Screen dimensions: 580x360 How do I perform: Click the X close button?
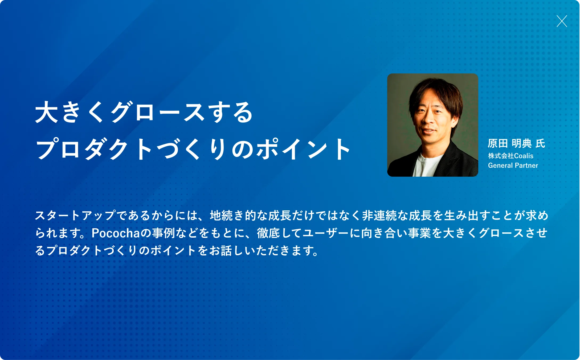562,21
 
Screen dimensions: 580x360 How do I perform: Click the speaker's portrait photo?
432,125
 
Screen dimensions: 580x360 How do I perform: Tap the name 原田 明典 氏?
516,143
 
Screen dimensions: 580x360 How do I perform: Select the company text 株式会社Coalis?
510,156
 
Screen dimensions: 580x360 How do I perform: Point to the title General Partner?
513,165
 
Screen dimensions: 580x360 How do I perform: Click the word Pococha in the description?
116,233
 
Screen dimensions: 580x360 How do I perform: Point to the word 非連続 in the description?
379,215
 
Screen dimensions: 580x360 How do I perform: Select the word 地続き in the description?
227,215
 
